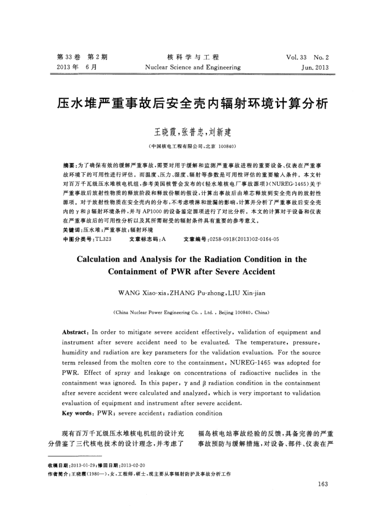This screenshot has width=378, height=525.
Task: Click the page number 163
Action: (x=323, y=484)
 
